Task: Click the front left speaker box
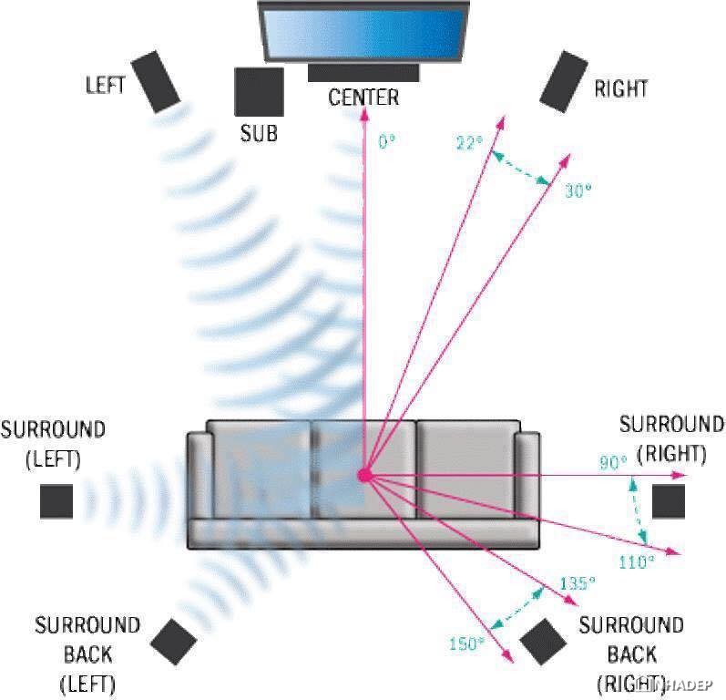pyautogui.click(x=156, y=81)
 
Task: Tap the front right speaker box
pyautogui.click(x=564, y=81)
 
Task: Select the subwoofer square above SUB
pyautogui.click(x=259, y=92)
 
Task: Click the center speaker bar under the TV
pyautogui.click(x=363, y=73)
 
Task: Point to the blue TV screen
pyautogui.click(x=364, y=33)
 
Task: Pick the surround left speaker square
pyautogui.click(x=56, y=501)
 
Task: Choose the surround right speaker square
pyautogui.click(x=669, y=501)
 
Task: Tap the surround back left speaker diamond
pyautogui.click(x=174, y=642)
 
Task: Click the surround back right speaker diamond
pyautogui.click(x=543, y=642)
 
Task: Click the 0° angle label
pyautogui.click(x=387, y=141)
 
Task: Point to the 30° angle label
pyautogui.click(x=578, y=190)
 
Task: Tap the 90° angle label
pyautogui.click(x=613, y=462)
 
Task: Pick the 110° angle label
pyautogui.click(x=637, y=562)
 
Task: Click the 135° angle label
pyautogui.click(x=578, y=583)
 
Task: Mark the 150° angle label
pyautogui.click(x=466, y=643)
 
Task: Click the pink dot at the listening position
pyautogui.click(x=365, y=475)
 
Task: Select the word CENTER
pyautogui.click(x=363, y=98)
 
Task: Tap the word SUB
pyautogui.click(x=259, y=133)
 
